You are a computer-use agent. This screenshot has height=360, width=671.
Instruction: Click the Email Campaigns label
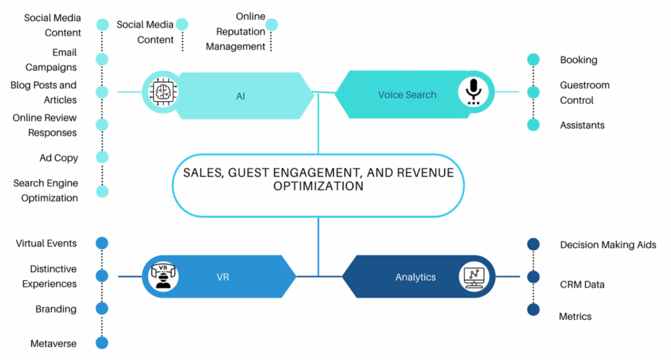pyautogui.click(x=51, y=60)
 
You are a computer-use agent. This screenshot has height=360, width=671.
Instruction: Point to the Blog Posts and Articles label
pyautogui.click(x=44, y=92)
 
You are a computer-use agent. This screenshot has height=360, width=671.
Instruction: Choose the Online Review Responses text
pyautogui.click(x=45, y=125)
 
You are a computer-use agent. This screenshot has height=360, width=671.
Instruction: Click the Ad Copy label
pyautogui.click(x=58, y=158)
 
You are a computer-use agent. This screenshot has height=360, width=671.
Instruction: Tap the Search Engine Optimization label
pyautogui.click(x=46, y=191)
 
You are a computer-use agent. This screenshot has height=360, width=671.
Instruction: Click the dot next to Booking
pyautogui.click(x=533, y=60)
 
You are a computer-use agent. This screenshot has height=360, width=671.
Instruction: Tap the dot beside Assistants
pyautogui.click(x=533, y=125)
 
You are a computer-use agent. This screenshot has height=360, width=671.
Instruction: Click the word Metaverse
pyautogui.click(x=53, y=343)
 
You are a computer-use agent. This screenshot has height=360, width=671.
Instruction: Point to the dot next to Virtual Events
pyautogui.click(x=102, y=243)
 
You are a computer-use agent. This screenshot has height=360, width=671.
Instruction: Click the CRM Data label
pyautogui.click(x=582, y=285)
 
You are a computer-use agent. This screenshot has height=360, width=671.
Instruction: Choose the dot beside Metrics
pyautogui.click(x=533, y=310)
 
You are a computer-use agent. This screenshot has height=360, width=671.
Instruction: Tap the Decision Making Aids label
pyautogui.click(x=607, y=245)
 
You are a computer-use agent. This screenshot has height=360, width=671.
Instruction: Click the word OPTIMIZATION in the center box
pyautogui.click(x=318, y=186)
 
